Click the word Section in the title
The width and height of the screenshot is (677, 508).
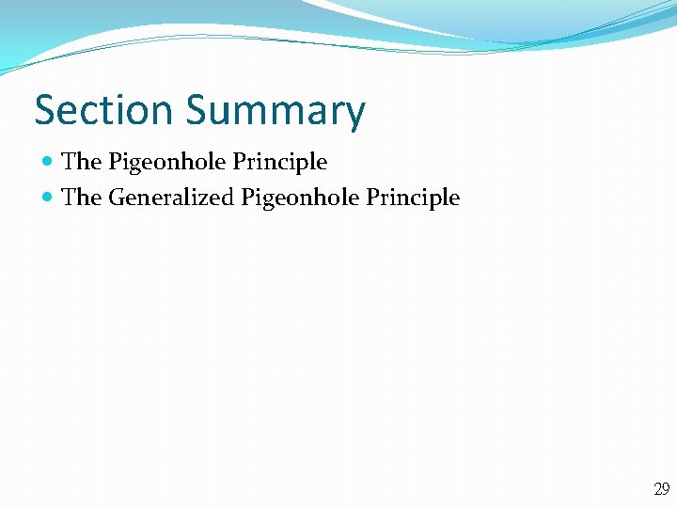[x=103, y=110]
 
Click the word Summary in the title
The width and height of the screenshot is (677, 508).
[x=275, y=112]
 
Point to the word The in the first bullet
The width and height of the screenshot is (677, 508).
[x=81, y=162]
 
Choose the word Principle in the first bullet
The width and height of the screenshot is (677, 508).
[x=279, y=163]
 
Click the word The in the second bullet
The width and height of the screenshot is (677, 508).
[x=81, y=198]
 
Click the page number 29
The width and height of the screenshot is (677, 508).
[x=661, y=489]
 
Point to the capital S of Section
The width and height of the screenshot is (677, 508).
[x=44, y=110]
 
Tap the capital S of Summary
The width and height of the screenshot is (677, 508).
[x=197, y=110]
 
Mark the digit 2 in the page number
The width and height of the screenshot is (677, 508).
[x=657, y=489]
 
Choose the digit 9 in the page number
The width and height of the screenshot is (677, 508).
[x=666, y=489]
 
